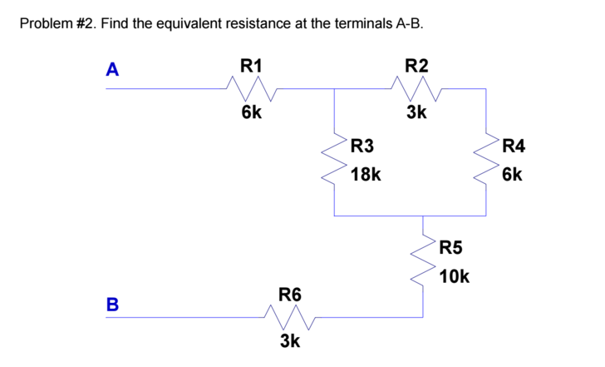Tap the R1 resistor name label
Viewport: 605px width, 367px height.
(x=251, y=65)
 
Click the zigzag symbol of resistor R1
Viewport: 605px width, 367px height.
(x=251, y=87)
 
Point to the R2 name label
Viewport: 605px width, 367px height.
(x=416, y=65)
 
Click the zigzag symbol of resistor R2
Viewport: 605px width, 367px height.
(x=416, y=87)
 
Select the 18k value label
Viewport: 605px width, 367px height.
(x=366, y=175)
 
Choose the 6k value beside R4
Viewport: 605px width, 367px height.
(x=512, y=175)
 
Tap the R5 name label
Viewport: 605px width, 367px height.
(x=451, y=247)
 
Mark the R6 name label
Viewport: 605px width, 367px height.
(x=290, y=295)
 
